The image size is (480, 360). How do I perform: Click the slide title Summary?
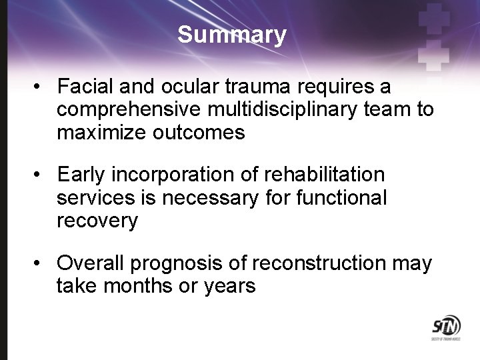pos(232,35)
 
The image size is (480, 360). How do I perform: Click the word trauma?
pos(242,87)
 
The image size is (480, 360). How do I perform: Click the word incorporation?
pos(171,175)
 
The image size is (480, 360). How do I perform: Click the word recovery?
pos(97,221)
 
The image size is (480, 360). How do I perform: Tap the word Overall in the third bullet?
pos(91,263)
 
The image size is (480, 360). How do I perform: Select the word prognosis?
pos(175,263)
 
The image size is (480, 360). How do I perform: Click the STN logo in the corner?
pos(445,328)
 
